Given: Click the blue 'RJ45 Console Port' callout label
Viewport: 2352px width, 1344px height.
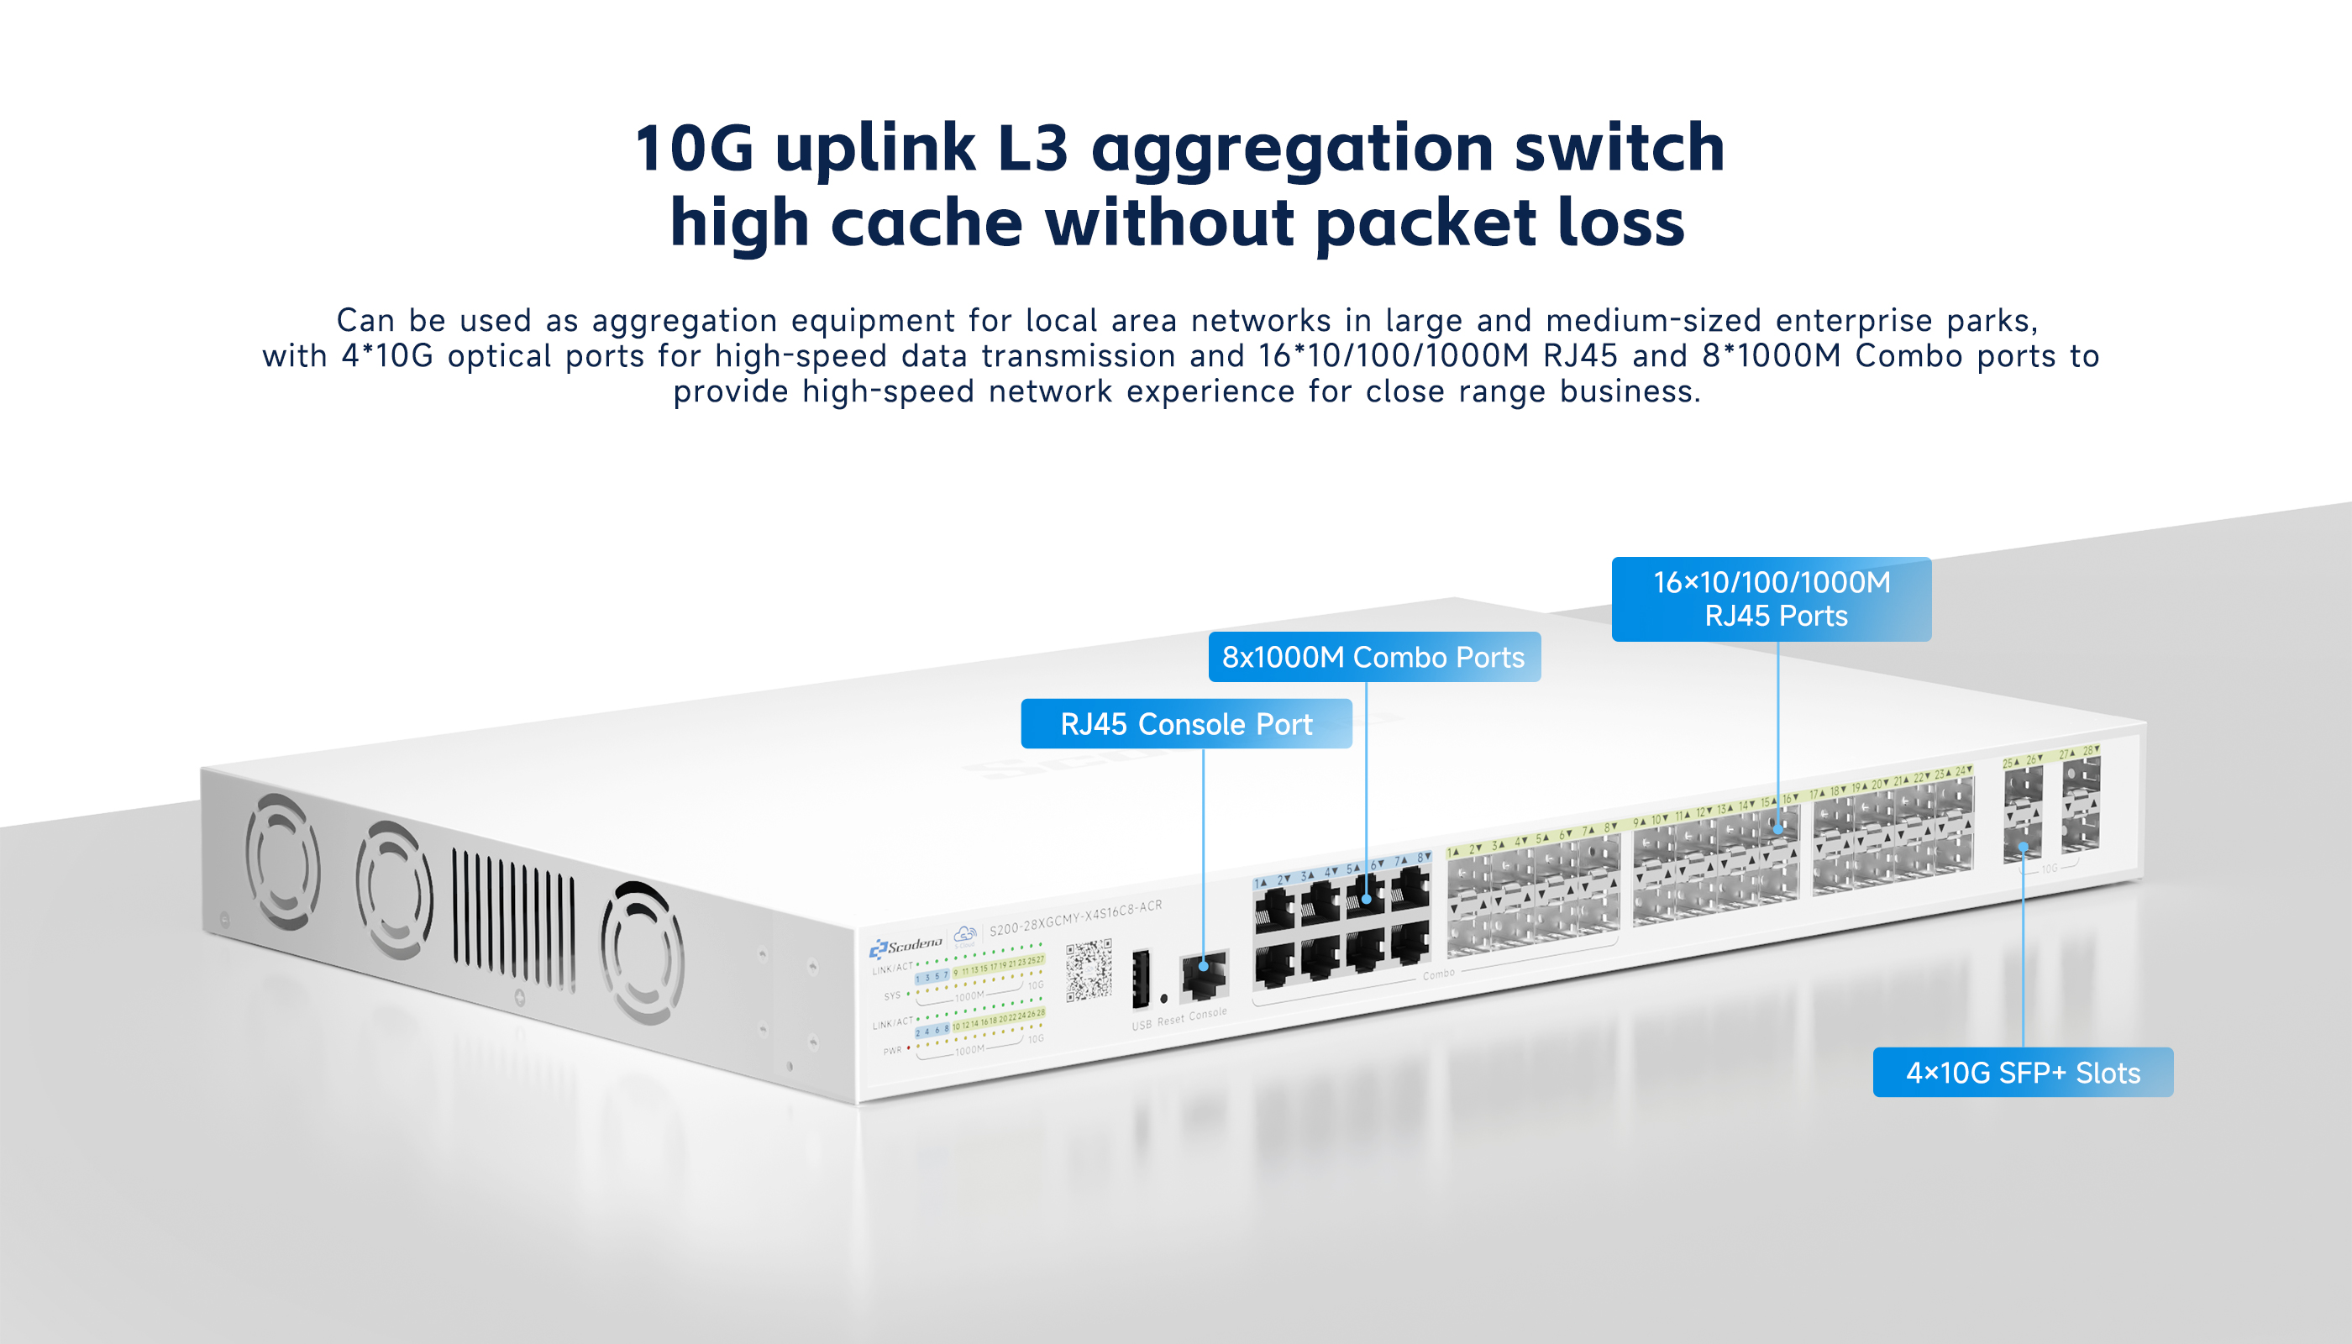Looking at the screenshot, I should [x=1186, y=724].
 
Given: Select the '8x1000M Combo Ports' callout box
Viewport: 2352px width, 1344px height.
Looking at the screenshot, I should [x=1373, y=657].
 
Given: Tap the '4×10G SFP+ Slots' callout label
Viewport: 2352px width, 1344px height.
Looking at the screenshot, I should [x=2023, y=1073].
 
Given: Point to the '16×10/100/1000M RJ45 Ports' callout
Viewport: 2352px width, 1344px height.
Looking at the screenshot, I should [x=1771, y=599].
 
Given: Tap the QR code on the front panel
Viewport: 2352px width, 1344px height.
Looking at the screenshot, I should [x=1089, y=969].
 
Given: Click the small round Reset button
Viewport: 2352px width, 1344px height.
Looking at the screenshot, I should [x=1164, y=999].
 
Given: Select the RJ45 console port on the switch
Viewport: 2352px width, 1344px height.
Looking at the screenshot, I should [x=1204, y=974].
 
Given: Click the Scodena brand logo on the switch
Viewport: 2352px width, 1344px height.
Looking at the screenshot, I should [x=906, y=945].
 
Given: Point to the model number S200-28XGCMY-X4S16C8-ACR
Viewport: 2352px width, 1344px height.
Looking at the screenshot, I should [x=1075, y=917].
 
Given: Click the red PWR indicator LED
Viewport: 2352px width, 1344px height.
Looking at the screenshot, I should [x=909, y=1047].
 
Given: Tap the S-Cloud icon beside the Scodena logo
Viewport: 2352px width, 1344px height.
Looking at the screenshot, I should [x=964, y=934].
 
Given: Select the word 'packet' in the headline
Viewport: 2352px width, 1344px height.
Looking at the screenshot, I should [x=1425, y=224].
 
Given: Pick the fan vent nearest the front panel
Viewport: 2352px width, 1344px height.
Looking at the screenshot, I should [x=643, y=953].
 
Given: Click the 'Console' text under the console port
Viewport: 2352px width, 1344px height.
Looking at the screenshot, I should [x=1208, y=1014].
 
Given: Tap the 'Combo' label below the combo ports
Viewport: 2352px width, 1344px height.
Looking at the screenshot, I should [x=1438, y=974].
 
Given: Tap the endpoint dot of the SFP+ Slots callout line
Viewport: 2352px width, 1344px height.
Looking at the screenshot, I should [x=2023, y=847].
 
